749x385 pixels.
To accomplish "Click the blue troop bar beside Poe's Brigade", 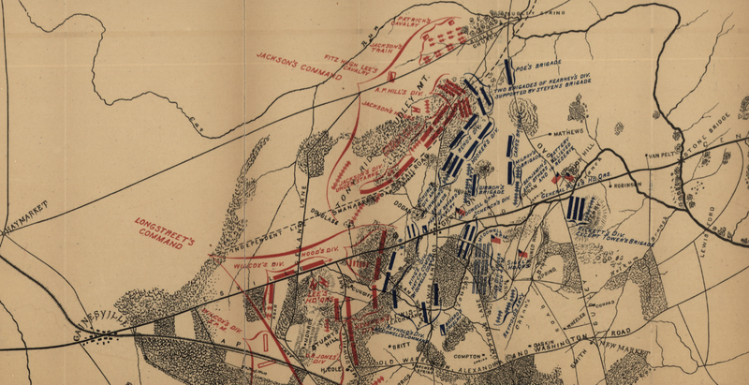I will tap(508, 71).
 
